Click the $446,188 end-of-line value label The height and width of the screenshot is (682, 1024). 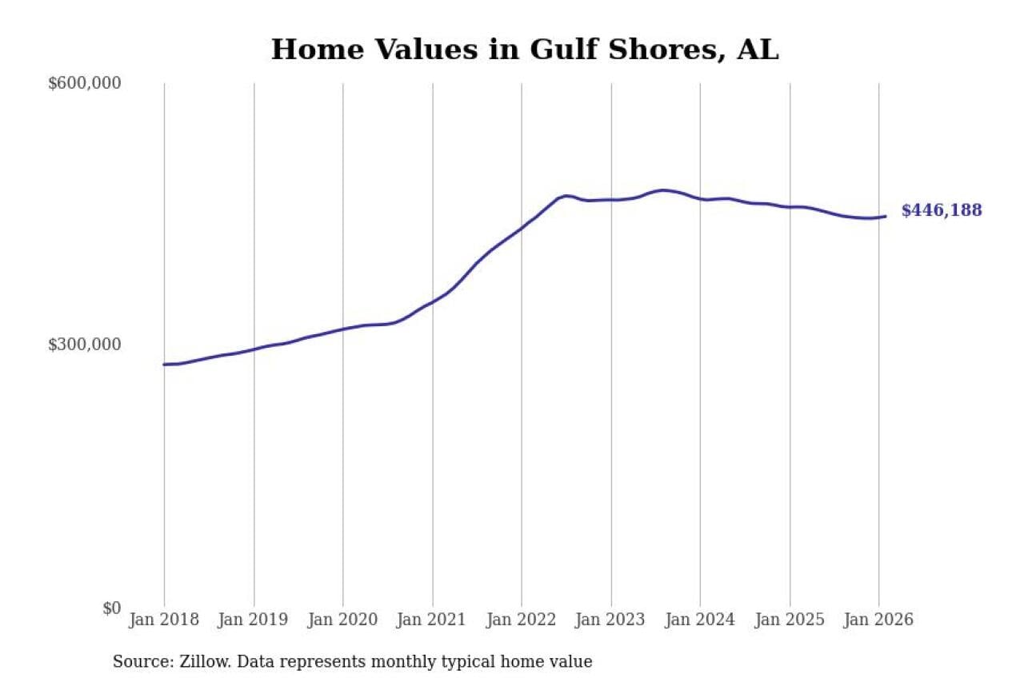point(941,211)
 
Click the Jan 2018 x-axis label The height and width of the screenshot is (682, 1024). point(164,620)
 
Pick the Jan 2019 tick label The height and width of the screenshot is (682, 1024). point(254,620)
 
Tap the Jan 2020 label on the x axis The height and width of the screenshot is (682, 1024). point(343,620)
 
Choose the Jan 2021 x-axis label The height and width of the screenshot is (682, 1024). point(433,620)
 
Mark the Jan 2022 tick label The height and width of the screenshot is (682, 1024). point(522,620)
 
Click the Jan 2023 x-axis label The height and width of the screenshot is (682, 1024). point(611,620)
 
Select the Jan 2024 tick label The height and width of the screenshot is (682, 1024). point(701,620)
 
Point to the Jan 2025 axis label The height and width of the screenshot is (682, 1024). point(790,620)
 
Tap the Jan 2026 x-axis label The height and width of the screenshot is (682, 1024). point(879,620)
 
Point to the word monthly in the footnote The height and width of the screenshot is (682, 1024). point(439,662)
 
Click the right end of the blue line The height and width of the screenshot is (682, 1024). point(885,216)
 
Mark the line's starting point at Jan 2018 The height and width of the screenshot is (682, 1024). point(165,365)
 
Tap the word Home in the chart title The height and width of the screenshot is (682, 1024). point(309,50)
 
